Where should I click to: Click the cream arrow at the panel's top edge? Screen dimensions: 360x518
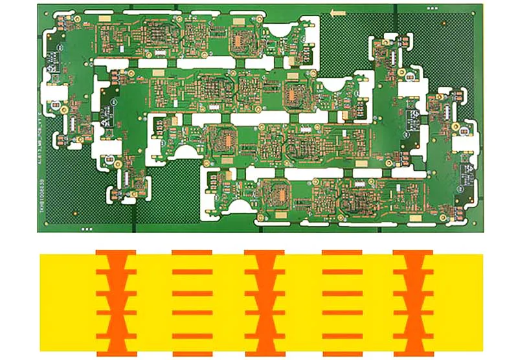(336, 12)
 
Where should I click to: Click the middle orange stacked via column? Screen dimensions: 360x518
(265, 302)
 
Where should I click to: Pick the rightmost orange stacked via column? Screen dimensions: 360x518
(413, 302)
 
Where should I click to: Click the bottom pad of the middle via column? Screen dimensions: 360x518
(265, 354)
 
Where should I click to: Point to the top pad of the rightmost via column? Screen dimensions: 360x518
(413, 251)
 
